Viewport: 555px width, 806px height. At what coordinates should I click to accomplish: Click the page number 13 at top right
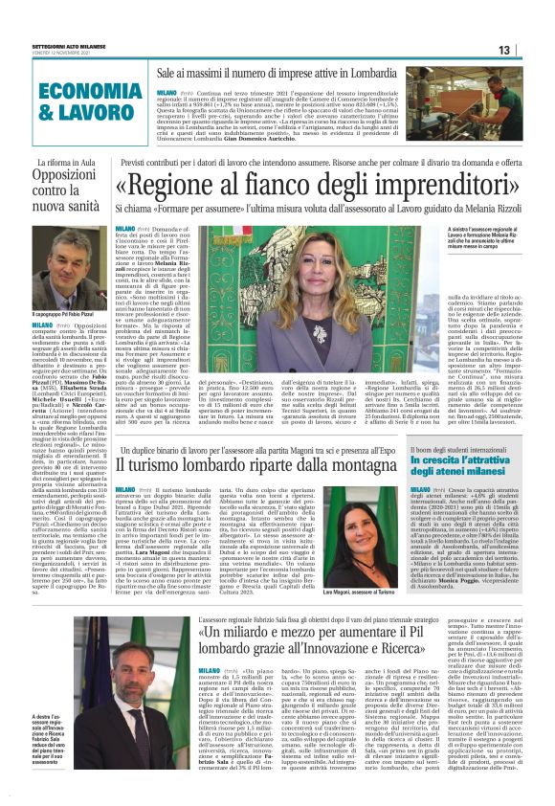point(529,51)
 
